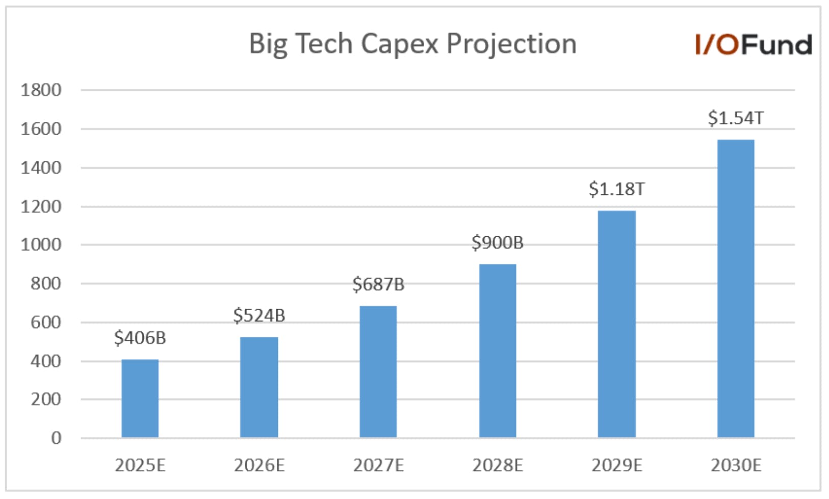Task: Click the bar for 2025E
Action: tap(140, 398)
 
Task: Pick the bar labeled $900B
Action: tap(497, 351)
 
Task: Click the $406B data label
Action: tap(140, 338)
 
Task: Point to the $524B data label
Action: tap(259, 315)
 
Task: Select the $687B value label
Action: tap(378, 284)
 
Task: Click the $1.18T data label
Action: tap(616, 189)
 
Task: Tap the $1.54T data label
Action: tap(735, 118)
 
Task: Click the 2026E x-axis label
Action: tap(259, 465)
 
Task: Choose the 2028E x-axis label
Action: tap(497, 465)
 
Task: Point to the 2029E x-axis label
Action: tap(616, 465)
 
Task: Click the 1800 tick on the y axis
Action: tap(41, 90)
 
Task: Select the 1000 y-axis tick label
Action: tap(41, 245)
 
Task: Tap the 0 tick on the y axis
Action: tap(56, 438)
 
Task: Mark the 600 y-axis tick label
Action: tap(45, 322)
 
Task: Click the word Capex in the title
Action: tap(399, 44)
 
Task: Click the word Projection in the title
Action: tap(511, 44)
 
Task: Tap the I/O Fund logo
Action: tap(753, 45)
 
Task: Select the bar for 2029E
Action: tap(616, 324)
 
